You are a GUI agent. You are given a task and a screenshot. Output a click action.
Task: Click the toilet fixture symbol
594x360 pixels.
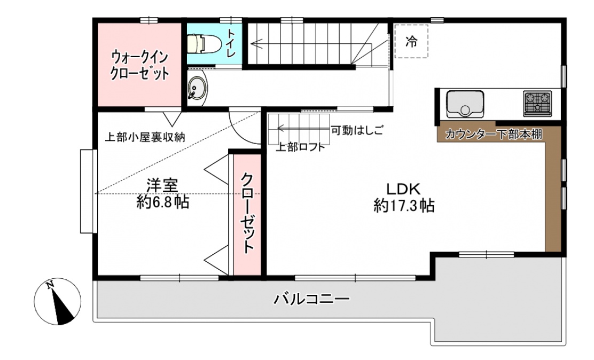[201, 43]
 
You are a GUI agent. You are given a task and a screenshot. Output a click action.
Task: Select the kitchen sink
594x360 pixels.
[465, 104]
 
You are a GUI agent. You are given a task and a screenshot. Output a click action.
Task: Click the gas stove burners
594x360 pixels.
[537, 103]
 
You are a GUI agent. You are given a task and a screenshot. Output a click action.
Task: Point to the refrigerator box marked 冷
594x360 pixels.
[411, 41]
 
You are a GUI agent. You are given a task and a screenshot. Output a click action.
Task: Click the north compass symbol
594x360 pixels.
[58, 302]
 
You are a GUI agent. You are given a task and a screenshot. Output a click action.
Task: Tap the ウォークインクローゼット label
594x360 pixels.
[139, 65]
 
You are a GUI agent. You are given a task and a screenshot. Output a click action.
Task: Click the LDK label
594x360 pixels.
[403, 189]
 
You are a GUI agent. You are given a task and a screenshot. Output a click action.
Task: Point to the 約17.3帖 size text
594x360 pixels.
[404, 206]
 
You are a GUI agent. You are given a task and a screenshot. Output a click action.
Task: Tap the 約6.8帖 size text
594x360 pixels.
[163, 202]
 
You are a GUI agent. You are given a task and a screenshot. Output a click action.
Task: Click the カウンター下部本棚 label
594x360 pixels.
[494, 134]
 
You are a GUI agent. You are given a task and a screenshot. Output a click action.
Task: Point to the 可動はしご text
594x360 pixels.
[357, 130]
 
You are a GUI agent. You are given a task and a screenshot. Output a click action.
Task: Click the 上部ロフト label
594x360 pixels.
[300, 147]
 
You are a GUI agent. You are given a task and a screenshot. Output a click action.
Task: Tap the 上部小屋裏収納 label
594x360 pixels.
[145, 137]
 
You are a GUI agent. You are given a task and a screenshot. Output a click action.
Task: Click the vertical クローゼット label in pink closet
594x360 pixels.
[247, 213]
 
